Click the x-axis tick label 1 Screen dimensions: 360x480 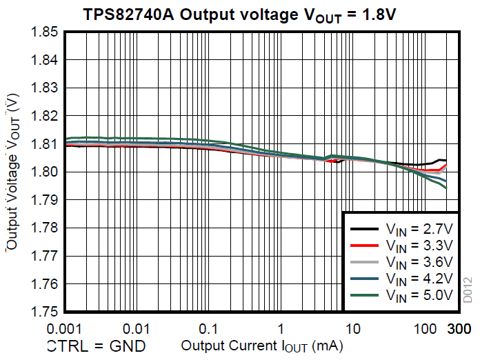tap(281, 327)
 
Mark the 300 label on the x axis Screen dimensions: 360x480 tap(459, 327)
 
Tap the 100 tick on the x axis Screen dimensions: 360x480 tap(426, 327)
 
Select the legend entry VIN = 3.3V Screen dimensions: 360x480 tap(419, 246)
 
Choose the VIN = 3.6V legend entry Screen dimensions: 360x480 tap(419, 262)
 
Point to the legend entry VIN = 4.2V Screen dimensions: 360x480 tap(419, 279)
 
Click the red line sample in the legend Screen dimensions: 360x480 tap(363, 246)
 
